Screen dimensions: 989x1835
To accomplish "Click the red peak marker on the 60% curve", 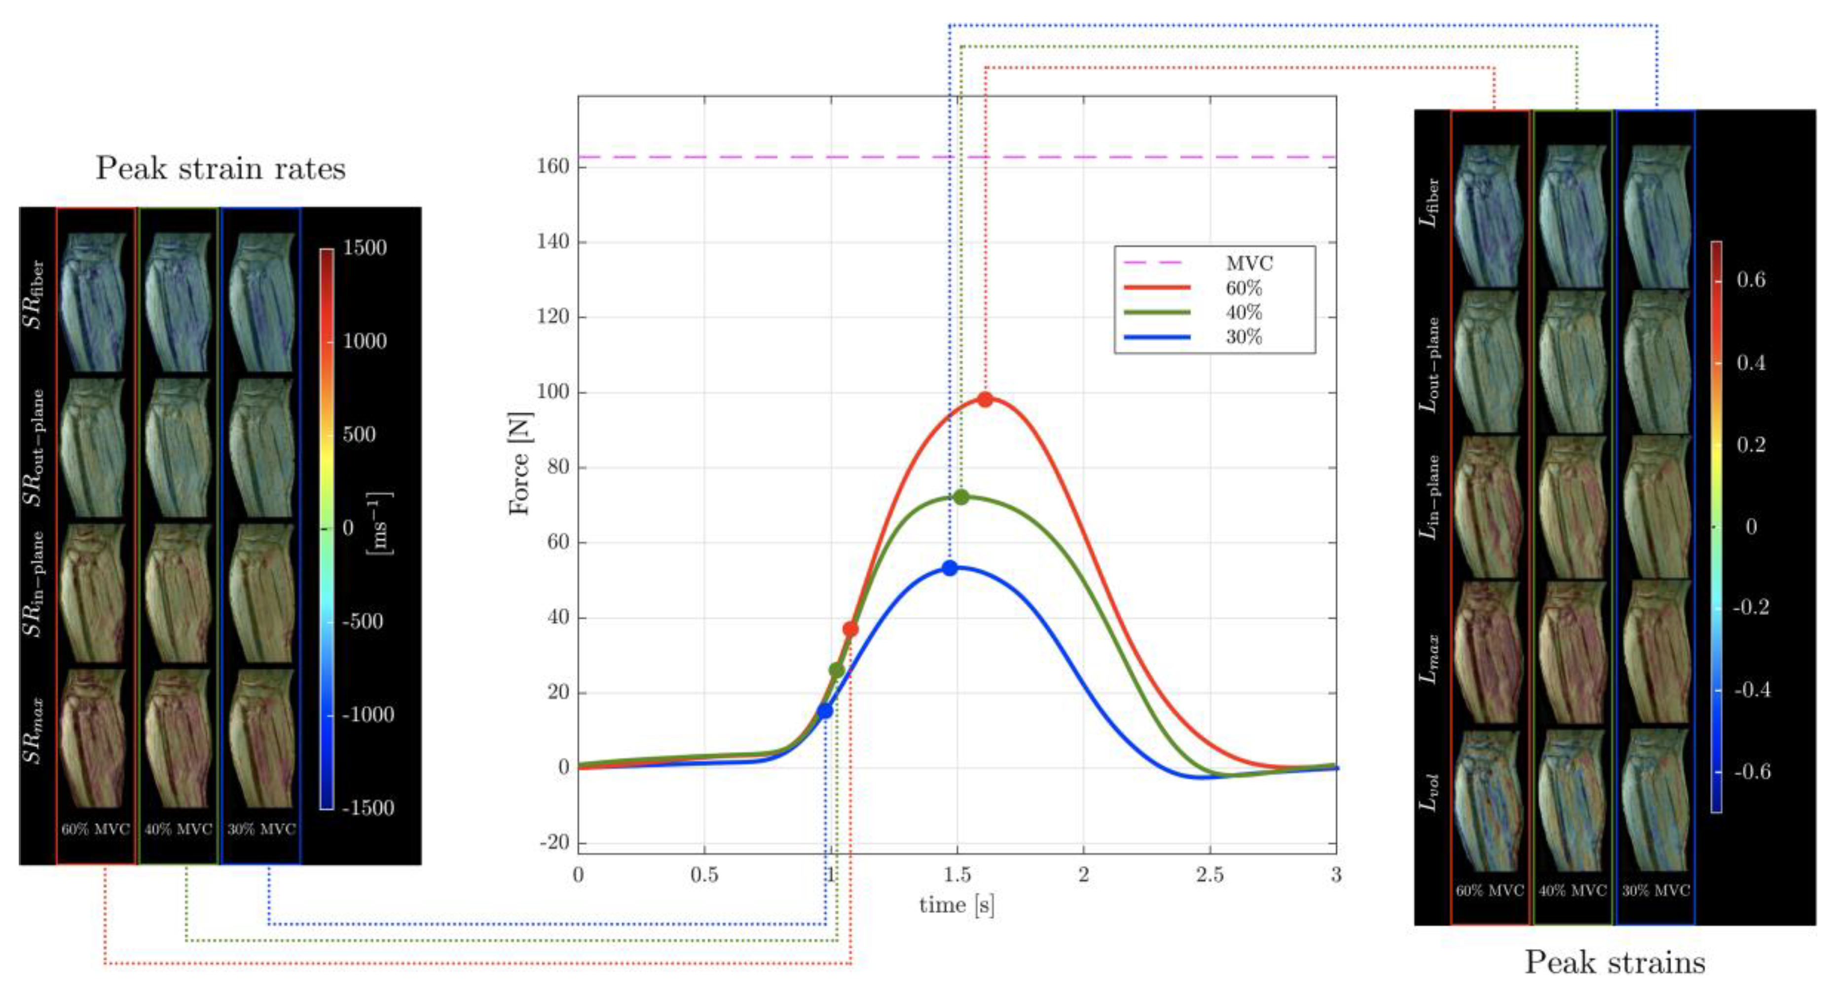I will (x=985, y=400).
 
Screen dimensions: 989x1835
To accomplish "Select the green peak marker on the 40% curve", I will (x=961, y=497).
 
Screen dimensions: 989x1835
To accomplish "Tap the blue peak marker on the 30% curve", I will (x=950, y=568).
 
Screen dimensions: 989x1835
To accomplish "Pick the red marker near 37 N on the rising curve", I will (x=850, y=629).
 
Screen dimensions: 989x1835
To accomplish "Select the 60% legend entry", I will (x=1243, y=288).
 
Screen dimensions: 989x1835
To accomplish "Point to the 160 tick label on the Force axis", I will (x=553, y=167).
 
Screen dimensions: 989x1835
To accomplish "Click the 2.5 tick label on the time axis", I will (x=1210, y=875).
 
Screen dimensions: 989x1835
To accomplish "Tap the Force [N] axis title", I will (x=520, y=463).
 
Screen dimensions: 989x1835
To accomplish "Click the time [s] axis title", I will (x=956, y=905).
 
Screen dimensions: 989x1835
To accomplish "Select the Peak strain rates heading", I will (x=221, y=169).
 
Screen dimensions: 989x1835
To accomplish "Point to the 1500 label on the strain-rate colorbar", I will (x=364, y=248).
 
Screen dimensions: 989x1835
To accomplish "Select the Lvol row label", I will (x=1429, y=792).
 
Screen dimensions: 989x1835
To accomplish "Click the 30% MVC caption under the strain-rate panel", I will (x=261, y=829).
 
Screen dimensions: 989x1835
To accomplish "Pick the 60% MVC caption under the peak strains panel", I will (x=1490, y=891).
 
